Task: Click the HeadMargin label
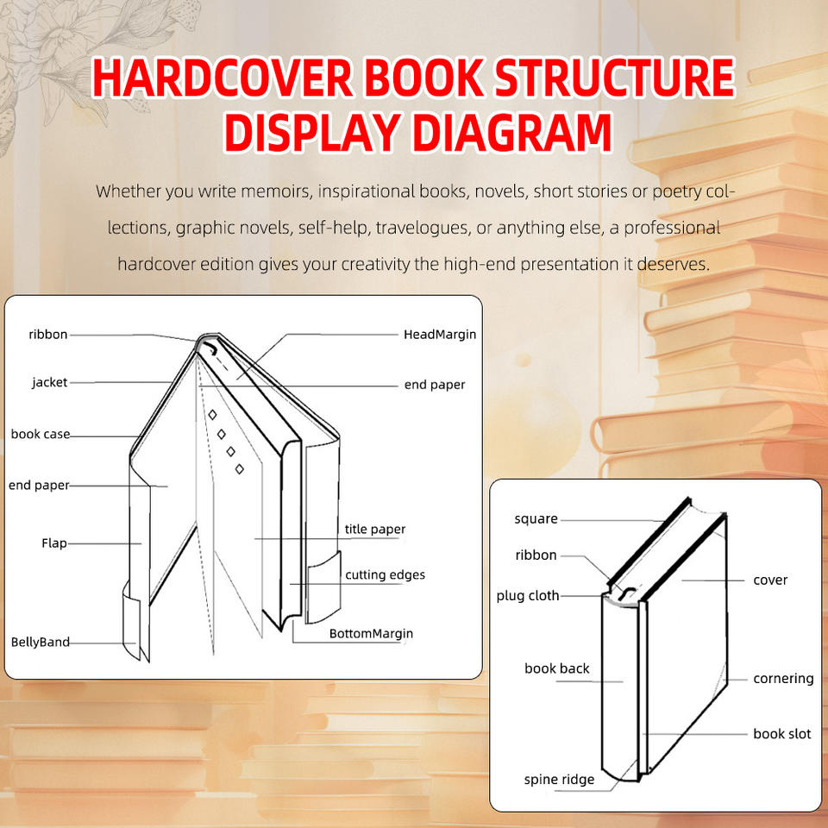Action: point(440,334)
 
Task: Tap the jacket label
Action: point(49,382)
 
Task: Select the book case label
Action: point(41,434)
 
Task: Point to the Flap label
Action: point(54,543)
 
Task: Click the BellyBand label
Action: point(41,642)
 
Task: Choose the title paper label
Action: point(375,529)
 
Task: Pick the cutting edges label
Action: point(385,574)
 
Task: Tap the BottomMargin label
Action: point(371,633)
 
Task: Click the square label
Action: point(536,519)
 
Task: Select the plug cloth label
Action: point(528,595)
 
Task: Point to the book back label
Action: point(557,668)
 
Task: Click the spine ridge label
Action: point(559,780)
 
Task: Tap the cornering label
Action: point(783,679)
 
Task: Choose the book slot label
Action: point(782,734)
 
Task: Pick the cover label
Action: point(770,580)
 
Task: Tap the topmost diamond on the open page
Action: point(212,415)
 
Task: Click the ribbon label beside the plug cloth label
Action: point(536,555)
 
